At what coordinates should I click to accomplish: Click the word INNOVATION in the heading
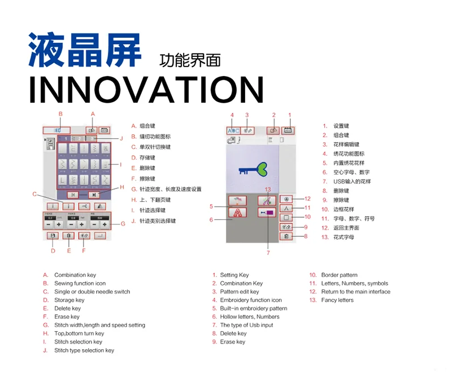(146, 90)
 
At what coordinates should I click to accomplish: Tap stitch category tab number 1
(66, 138)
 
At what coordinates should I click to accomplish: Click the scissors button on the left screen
(84, 206)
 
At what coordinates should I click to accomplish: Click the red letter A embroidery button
(238, 213)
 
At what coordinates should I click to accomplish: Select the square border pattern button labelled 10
(287, 217)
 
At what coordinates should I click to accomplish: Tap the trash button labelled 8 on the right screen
(287, 236)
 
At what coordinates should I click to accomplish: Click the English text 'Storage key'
(69, 300)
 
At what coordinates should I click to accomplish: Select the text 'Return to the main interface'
(355, 292)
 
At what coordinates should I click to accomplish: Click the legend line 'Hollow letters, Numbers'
(249, 316)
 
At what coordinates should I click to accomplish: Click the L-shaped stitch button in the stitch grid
(62, 179)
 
